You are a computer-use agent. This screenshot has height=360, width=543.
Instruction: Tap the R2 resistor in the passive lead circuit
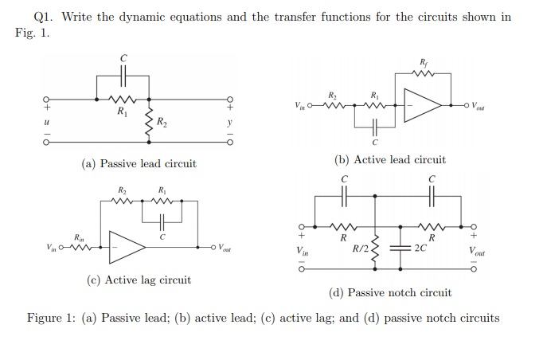(x=148, y=121)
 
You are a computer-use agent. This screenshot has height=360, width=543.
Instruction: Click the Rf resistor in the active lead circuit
(x=422, y=77)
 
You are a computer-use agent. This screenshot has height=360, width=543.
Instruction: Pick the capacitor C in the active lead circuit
(x=373, y=125)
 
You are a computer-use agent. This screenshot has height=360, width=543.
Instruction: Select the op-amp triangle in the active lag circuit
(x=127, y=248)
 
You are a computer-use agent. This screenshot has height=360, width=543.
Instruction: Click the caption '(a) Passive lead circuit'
(x=139, y=163)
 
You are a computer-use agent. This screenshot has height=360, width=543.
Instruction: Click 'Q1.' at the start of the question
(x=44, y=17)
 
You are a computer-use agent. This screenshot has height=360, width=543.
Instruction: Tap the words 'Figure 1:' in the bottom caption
(x=52, y=318)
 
